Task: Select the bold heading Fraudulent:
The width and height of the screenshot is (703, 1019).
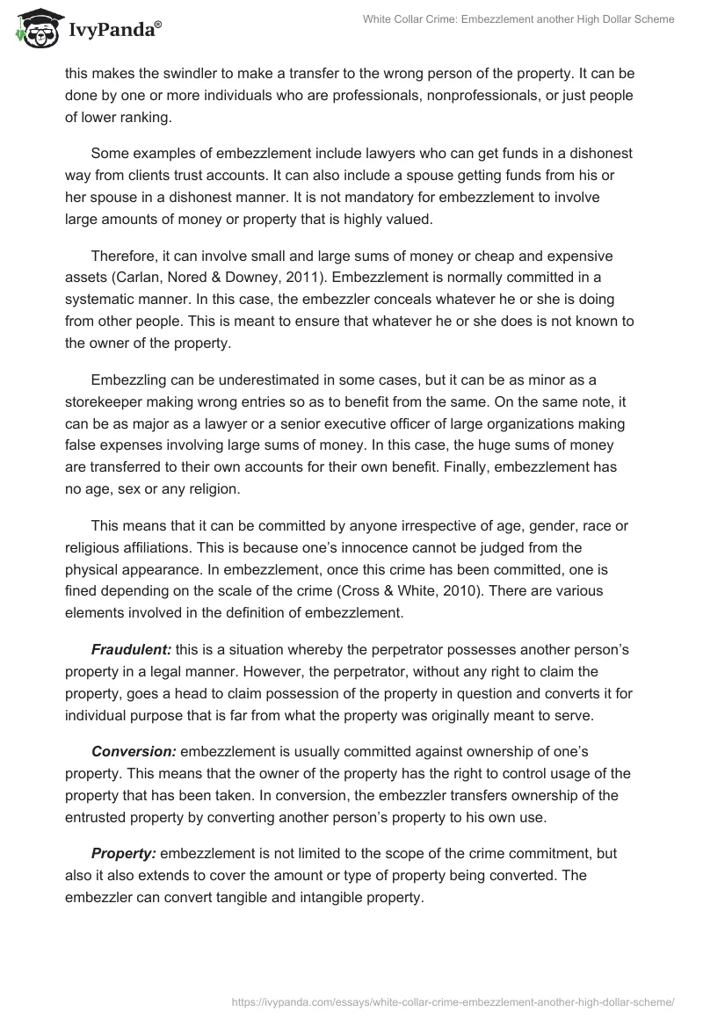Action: pos(131,649)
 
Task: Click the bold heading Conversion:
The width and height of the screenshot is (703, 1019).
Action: pos(133,752)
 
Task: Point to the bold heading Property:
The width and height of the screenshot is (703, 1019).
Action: pos(124,855)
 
